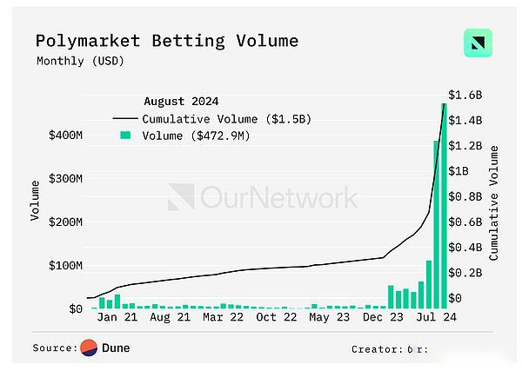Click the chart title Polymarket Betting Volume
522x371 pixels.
point(166,41)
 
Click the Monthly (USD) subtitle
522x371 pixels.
point(81,61)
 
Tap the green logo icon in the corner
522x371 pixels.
point(478,43)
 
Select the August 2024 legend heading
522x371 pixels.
point(181,100)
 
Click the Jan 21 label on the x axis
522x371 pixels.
point(117,318)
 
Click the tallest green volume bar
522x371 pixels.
point(445,209)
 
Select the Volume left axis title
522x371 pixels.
point(35,200)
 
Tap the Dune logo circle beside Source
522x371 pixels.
point(90,348)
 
